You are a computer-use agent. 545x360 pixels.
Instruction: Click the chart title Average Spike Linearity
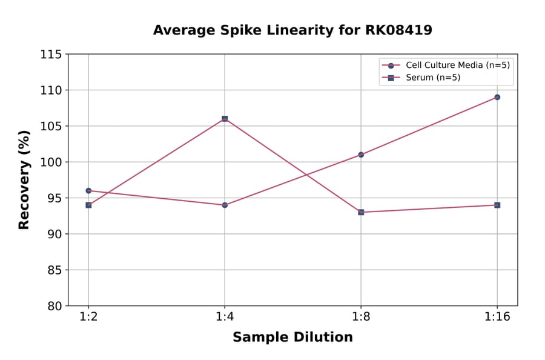pyautogui.click(x=292, y=30)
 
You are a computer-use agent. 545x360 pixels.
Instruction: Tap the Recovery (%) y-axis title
pyautogui.click(x=24, y=180)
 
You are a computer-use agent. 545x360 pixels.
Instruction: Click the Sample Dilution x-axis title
pyautogui.click(x=292, y=338)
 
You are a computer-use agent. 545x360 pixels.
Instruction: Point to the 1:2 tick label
pyautogui.click(x=88, y=317)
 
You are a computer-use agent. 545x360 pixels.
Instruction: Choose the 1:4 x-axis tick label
pyautogui.click(x=225, y=317)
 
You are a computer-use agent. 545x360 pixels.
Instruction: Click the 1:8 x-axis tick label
pyautogui.click(x=361, y=317)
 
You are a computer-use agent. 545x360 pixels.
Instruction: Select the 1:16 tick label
pyautogui.click(x=497, y=317)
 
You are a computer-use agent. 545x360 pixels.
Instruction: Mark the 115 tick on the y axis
pyautogui.click(x=51, y=55)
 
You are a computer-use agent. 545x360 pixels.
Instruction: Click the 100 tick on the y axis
pyautogui.click(x=51, y=162)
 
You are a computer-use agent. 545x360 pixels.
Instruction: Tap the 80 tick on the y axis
pyautogui.click(x=54, y=306)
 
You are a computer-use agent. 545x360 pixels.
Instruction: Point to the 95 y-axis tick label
pyautogui.click(x=54, y=198)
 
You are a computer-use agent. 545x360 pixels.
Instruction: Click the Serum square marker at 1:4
pyautogui.click(x=225, y=119)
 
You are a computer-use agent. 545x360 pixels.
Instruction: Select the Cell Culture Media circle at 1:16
pyautogui.click(x=497, y=97)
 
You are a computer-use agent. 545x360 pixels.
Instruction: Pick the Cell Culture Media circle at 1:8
pyautogui.click(x=361, y=155)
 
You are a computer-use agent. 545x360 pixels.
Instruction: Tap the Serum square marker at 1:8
pyautogui.click(x=361, y=212)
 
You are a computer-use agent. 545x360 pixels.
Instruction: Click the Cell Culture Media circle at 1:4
pyautogui.click(x=225, y=205)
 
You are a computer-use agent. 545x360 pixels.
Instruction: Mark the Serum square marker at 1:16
pyautogui.click(x=497, y=205)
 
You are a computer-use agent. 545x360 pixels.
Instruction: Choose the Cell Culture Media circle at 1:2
pyautogui.click(x=88, y=190)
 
